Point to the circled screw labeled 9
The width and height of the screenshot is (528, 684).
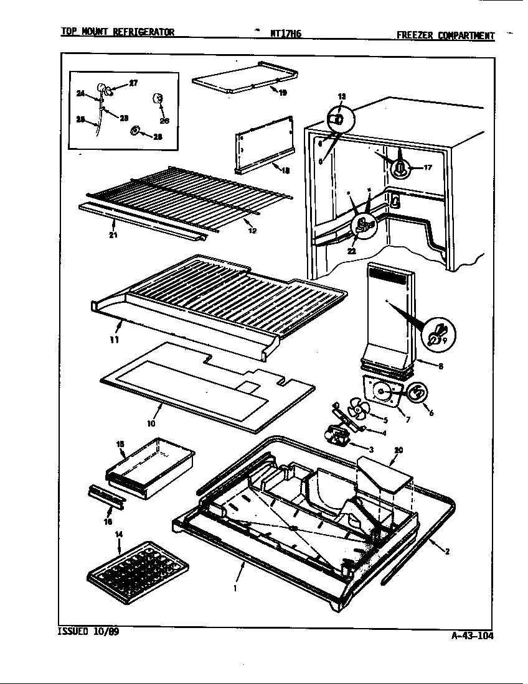click(437, 333)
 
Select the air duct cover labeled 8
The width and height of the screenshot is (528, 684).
click(389, 317)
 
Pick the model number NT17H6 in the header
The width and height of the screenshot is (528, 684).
click(286, 35)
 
